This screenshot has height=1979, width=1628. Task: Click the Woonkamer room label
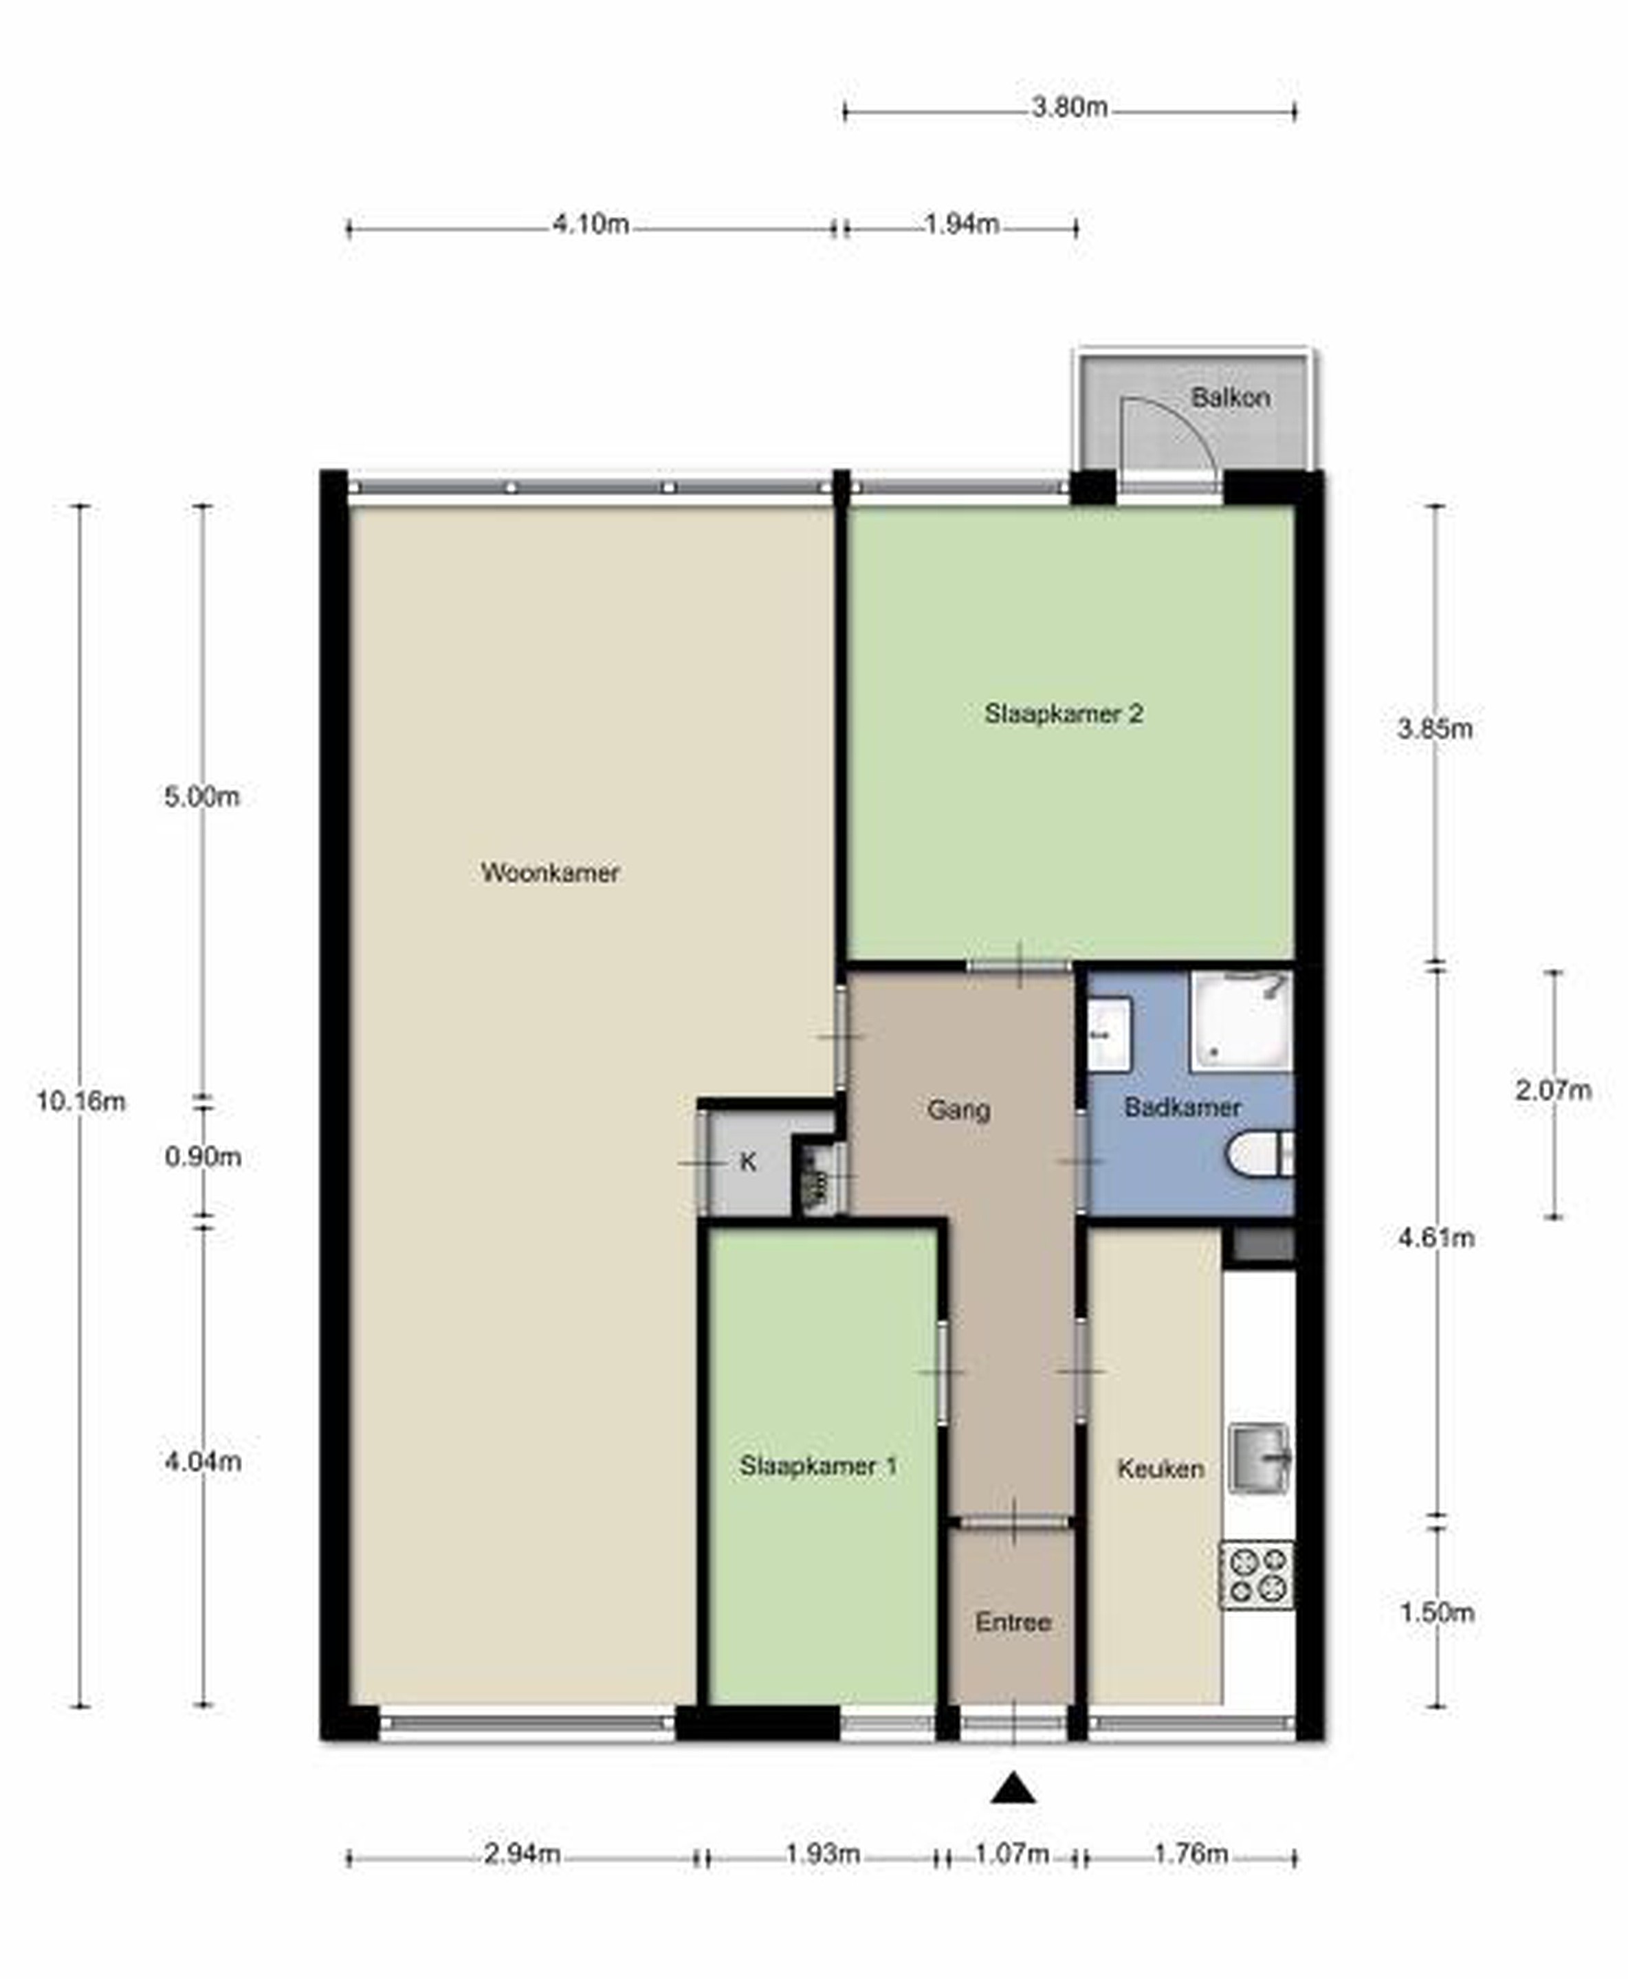pos(551,873)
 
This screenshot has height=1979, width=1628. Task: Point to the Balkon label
pos(1231,397)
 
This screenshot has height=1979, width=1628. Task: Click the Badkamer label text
pos(1182,1107)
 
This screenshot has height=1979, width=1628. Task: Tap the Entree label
pos(1013,1623)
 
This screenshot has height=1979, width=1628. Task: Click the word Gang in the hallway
pos(958,1110)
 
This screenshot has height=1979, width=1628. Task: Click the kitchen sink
pos(1259,1457)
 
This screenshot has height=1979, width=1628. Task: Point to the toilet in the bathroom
pos(1259,1154)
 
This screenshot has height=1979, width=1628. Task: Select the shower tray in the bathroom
pos(1242,1021)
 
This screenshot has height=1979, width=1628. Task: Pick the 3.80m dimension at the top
pos(1069,107)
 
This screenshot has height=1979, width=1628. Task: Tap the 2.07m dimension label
pos(1553,1091)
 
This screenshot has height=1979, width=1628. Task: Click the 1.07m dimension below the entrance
pos(1012,1855)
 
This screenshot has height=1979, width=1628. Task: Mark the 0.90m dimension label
pos(203,1158)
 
